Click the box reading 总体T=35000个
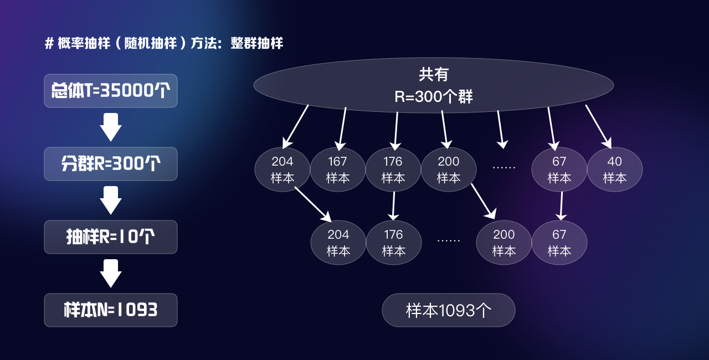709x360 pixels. point(111,91)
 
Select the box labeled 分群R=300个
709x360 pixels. point(111,164)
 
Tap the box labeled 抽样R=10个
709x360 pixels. point(111,237)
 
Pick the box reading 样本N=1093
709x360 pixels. point(111,310)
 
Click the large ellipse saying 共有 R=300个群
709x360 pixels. point(433,85)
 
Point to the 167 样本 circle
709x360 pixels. point(337,169)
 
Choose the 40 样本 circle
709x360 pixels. point(614,169)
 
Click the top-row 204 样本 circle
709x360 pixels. point(282,169)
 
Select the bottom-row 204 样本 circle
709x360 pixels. point(338,243)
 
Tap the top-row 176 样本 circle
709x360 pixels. point(393,169)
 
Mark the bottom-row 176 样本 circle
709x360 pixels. point(393,243)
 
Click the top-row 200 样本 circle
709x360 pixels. point(448,169)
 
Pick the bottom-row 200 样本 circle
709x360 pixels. point(504,243)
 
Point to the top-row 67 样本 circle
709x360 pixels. point(559,169)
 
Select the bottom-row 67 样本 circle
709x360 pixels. point(559,243)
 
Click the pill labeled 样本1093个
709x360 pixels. point(448,310)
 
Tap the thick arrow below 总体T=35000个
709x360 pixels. point(111,127)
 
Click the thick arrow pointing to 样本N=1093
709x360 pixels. point(111,274)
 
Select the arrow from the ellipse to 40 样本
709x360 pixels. point(598,126)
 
